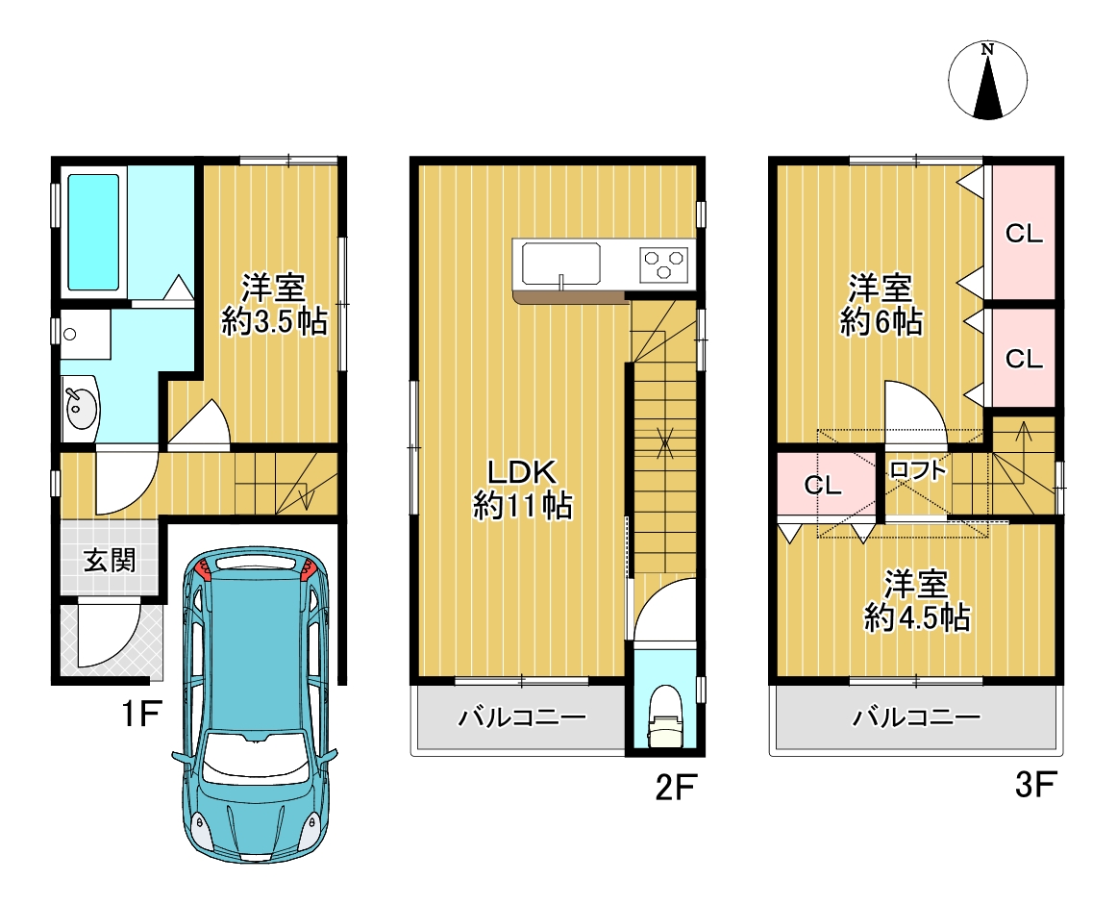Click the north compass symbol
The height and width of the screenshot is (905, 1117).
tap(987, 80)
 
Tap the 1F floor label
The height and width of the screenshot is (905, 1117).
tap(142, 714)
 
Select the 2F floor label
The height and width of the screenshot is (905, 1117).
tap(675, 788)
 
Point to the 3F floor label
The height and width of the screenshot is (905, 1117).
tap(1035, 785)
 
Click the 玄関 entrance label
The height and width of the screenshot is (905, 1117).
tap(110, 560)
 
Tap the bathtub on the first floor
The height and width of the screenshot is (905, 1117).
tap(93, 233)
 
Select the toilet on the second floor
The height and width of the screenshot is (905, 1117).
tap(664, 716)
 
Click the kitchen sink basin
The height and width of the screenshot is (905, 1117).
tap(560, 263)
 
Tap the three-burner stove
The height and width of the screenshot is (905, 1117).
tap(664, 264)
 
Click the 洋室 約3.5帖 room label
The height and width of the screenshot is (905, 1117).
tap(274, 304)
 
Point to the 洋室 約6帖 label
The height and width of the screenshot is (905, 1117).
tap(881, 304)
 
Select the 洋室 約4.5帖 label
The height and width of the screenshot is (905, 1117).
tap(917, 601)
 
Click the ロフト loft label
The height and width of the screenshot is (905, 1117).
tap(918, 470)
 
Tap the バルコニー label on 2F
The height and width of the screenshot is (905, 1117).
tap(522, 716)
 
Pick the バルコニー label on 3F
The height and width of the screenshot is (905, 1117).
tap(917, 716)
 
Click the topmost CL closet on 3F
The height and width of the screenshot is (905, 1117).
tap(1024, 233)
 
